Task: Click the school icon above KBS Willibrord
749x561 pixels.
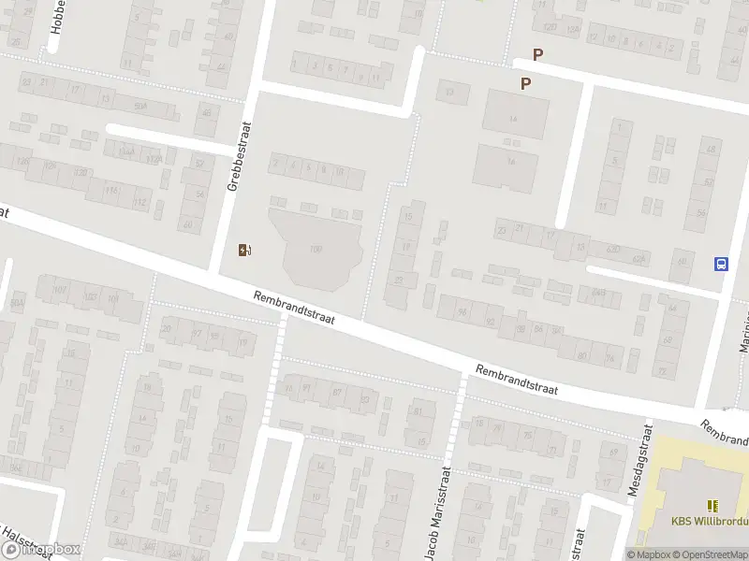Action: [x=712, y=505]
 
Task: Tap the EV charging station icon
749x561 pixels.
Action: [x=245, y=250]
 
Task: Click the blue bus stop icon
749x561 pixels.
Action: [x=722, y=264]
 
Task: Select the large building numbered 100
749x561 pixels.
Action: [x=316, y=249]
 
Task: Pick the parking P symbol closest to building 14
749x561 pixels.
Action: [x=525, y=83]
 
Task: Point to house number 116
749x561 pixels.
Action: [x=111, y=191]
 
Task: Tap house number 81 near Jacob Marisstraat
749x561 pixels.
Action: [x=418, y=410]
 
